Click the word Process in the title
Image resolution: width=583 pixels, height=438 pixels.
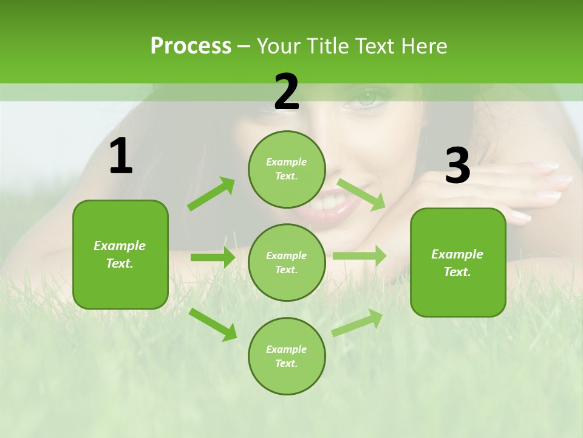(191, 46)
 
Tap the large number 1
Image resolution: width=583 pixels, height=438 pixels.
(120, 156)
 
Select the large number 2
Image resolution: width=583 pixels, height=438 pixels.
(287, 92)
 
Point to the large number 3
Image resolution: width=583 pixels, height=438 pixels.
(457, 166)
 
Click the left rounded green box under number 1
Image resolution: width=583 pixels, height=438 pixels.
(120, 254)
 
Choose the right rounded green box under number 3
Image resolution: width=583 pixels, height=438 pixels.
(458, 263)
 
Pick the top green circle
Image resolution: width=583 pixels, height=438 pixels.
(287, 169)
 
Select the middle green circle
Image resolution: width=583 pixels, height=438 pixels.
(287, 263)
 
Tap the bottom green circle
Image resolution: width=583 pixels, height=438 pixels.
(287, 356)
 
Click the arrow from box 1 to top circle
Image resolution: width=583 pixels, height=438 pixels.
(211, 193)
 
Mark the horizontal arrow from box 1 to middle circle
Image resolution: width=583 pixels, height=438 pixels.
(213, 257)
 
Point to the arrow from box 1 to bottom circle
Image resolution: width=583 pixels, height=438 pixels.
(213, 324)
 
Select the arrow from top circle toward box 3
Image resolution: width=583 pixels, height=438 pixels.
(361, 194)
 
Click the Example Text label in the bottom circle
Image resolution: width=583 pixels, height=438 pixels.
(287, 356)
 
